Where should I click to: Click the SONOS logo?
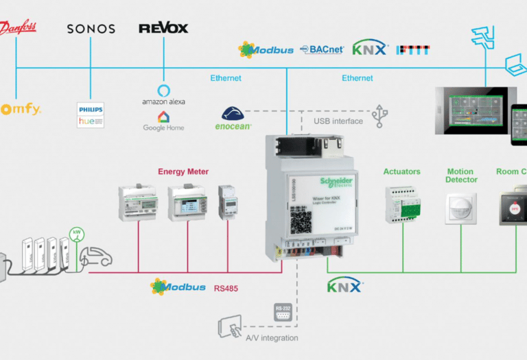coord(91,29)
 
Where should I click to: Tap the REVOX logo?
coord(163,28)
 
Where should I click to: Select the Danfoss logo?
coord(19,28)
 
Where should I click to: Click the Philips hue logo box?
coord(91,115)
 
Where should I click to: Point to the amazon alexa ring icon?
coord(163,90)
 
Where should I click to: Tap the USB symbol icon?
coord(379,117)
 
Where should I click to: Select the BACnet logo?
coord(322,49)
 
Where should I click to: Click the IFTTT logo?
coord(413,49)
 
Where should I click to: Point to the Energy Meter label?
coord(183,171)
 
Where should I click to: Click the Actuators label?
coord(402,171)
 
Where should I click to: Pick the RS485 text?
coord(226,287)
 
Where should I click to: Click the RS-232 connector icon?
coord(282,310)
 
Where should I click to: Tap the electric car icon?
coord(96,258)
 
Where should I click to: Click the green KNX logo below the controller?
coord(344,286)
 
